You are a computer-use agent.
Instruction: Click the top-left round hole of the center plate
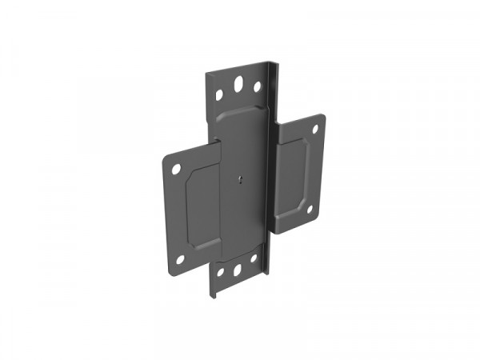219,95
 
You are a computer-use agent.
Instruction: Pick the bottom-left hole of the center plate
220,273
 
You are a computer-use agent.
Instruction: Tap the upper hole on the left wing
178,169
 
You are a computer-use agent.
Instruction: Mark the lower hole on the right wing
310,210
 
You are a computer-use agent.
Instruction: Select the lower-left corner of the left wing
170,268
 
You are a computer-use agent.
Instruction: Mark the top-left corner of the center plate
206,75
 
